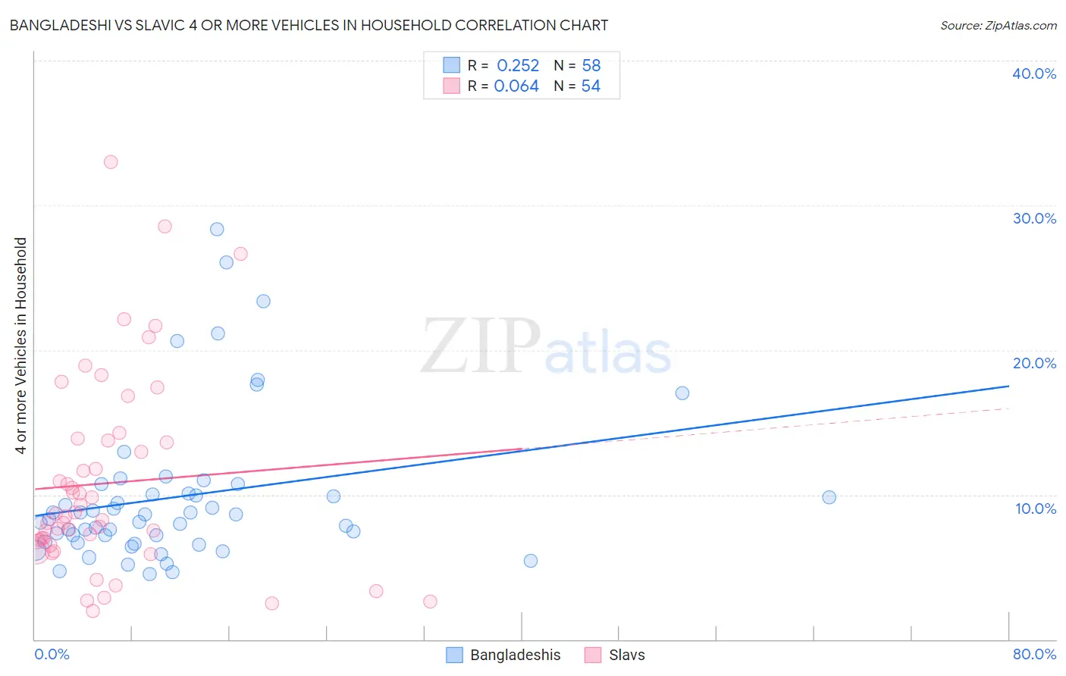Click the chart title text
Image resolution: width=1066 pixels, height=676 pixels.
coord(309,25)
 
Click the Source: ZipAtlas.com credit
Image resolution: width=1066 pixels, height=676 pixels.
coord(998,25)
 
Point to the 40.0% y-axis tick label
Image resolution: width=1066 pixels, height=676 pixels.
coord(1034,74)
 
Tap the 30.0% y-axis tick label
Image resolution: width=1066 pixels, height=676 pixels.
coord(1034,218)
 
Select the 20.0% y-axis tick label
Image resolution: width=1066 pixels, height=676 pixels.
coord(1034,363)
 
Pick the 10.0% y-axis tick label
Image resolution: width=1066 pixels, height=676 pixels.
coord(1036,509)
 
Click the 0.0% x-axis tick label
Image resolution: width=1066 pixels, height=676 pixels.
coord(52,654)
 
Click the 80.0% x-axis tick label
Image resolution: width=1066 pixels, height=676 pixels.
coord(1034,654)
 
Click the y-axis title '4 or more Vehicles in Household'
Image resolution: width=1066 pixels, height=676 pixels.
coord(20,346)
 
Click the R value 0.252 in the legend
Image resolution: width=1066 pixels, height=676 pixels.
coord(518,66)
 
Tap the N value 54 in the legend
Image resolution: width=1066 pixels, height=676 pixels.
coord(591,86)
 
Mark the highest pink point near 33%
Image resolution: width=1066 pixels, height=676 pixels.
coord(111,162)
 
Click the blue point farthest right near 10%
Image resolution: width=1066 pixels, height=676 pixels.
coord(829,497)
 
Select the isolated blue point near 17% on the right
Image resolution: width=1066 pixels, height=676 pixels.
coord(682,393)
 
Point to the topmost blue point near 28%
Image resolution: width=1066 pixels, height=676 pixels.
coord(217,229)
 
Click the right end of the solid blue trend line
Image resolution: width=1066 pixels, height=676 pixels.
coord(1008,386)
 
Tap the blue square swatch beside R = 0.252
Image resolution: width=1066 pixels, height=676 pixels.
coord(452,65)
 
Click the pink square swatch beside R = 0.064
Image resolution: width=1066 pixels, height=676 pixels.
coord(452,86)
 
